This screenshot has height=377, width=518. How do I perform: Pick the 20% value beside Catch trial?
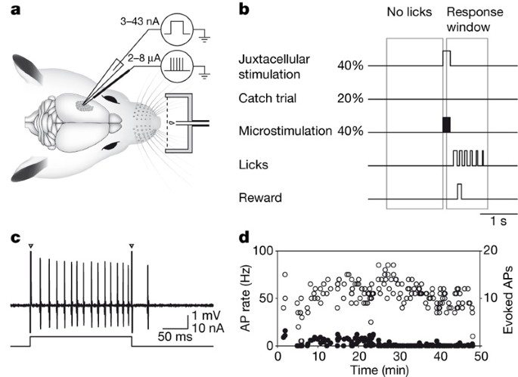tap(352, 99)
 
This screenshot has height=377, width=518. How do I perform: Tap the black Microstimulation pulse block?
tap(446, 125)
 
